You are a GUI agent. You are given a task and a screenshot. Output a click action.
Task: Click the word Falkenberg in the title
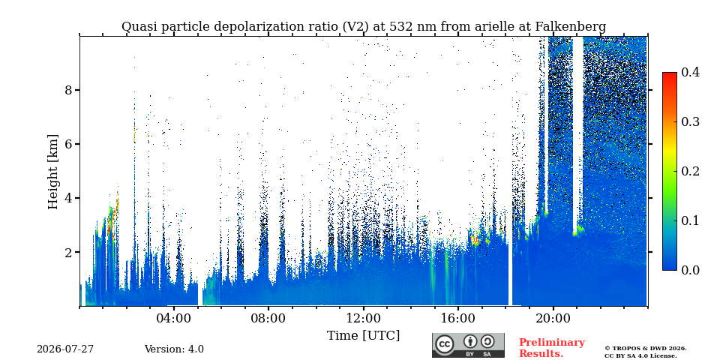coord(570,27)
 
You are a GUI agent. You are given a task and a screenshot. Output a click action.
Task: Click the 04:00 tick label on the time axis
coord(173,318)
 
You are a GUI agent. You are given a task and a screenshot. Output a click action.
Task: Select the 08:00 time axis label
coord(268,318)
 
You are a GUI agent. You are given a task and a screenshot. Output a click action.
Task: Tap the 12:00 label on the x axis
coord(363,318)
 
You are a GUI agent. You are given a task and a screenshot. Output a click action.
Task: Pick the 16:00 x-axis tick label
coord(457,318)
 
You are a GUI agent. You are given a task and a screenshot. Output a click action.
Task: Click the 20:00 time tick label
coord(553,318)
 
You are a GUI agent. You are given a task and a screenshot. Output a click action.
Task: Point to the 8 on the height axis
coord(69,90)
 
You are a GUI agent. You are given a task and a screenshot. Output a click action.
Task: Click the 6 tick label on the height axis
coord(69,144)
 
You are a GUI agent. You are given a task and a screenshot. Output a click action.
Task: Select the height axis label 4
coord(69,198)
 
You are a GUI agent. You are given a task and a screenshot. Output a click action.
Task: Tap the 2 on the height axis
coord(69,253)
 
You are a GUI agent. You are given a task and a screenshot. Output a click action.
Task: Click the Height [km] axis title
coord(54,172)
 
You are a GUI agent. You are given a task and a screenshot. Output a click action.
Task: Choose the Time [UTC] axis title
coord(363,336)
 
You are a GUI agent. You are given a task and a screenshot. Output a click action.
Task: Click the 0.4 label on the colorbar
coord(690,72)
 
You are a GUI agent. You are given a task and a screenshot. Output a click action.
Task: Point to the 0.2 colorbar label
coord(690,171)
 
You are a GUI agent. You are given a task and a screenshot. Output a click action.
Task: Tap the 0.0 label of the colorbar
coord(690,270)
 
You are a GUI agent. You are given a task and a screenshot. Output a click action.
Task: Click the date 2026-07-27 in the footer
coord(65,349)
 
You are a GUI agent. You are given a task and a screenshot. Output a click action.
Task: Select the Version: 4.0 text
coord(174,349)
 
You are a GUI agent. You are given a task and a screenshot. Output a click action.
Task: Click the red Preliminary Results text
coord(552,348)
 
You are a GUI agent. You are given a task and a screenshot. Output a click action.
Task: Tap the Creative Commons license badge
coord(468,345)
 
